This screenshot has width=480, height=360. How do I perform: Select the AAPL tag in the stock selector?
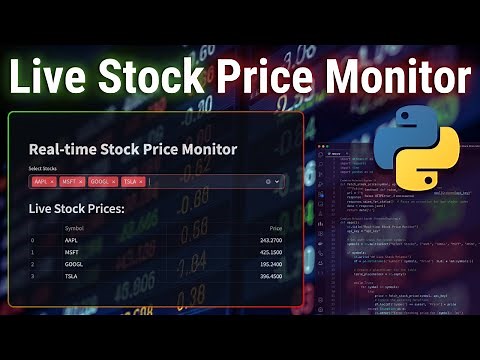tap(43, 181)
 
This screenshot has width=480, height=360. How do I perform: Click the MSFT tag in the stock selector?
tap(72, 181)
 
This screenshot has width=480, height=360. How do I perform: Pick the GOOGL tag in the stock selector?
tap(103, 181)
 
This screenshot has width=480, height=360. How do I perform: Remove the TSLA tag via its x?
tap(141, 181)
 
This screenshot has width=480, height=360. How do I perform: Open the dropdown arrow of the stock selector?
tap(278, 181)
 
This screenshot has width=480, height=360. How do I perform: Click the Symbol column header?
tap(74, 229)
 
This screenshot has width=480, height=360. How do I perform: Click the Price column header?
tap(276, 229)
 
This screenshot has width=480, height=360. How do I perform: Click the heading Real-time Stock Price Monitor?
tap(133, 149)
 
